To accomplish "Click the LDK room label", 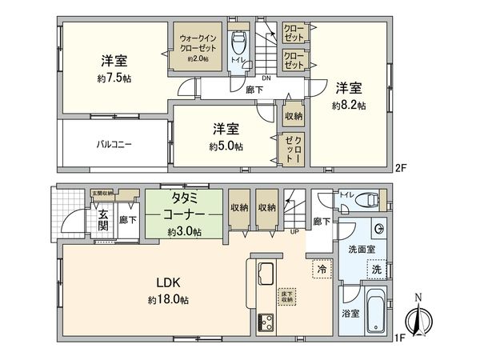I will coord(167,283).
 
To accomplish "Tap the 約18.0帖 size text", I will coord(167,300).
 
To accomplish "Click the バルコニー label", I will coord(115,146).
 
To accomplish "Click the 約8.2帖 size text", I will coord(349,106).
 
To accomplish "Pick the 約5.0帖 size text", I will coord(226,146).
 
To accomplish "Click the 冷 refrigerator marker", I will coord(320,270).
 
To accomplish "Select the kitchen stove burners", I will coord(266,322).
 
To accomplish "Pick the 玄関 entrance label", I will coord(105,218).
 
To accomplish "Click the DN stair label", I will coord(267,79).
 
